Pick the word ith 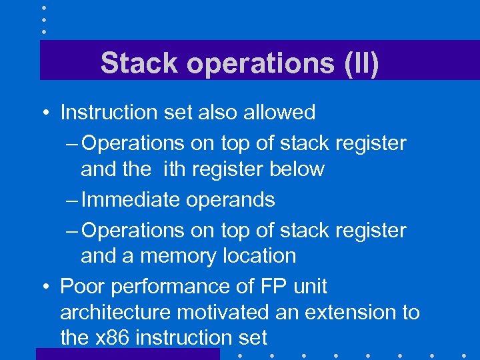171,169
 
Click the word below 297,169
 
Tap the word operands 233,200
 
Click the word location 256,255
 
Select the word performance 169,287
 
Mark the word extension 346,312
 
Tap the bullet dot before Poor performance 43,287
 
